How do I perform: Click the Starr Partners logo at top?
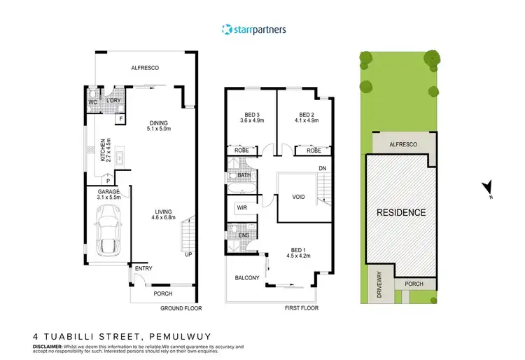pos(253,29)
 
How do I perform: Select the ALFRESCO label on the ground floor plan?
pos(146,68)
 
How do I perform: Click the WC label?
pos(92,103)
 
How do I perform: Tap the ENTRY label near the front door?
pos(143,269)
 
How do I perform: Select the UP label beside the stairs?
pos(188,254)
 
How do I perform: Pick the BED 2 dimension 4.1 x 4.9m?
pos(306,120)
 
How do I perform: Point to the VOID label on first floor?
pos(299,198)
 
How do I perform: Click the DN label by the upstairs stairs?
pos(322,169)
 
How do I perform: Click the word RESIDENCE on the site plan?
pos(401,212)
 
